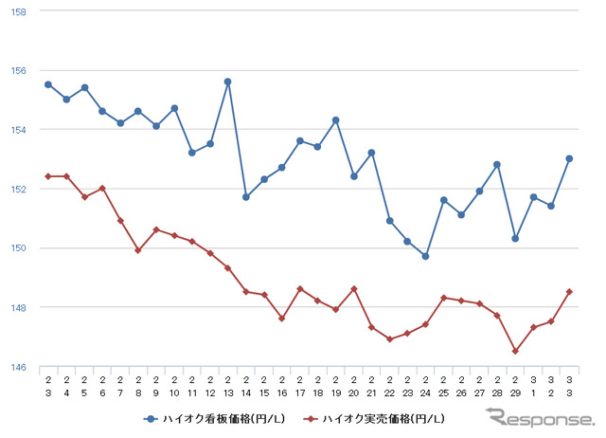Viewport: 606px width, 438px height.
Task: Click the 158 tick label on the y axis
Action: point(19,11)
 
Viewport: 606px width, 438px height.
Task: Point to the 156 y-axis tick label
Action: point(19,70)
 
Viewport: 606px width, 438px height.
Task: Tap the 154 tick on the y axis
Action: point(19,130)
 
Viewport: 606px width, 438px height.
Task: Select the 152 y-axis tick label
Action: point(19,189)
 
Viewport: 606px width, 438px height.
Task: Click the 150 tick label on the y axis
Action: point(19,248)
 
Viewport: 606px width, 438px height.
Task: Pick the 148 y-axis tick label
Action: point(19,307)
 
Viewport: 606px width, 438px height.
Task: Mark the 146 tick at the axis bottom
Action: point(19,367)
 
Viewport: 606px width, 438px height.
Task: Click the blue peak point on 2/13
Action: point(228,82)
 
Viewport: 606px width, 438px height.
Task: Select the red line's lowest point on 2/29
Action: point(515,351)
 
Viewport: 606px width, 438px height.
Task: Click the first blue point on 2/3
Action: point(48,84)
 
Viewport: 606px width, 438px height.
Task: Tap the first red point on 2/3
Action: point(48,176)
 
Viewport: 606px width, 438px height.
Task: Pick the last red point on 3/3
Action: point(569,292)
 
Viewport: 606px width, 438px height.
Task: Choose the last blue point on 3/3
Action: point(569,158)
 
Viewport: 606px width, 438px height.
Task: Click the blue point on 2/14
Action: point(246,197)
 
